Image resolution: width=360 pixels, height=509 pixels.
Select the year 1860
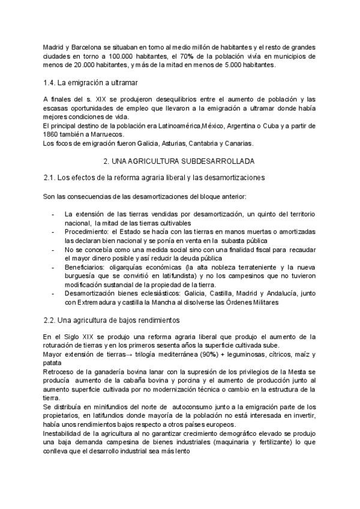coord(53,135)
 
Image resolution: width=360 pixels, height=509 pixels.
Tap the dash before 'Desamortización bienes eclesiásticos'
coord(53,294)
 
